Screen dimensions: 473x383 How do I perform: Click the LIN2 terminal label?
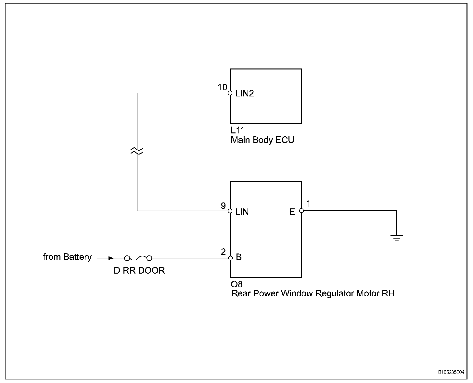[245, 93]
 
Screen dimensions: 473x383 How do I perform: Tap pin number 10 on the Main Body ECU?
[222, 87]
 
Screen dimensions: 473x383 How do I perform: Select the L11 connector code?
[237, 130]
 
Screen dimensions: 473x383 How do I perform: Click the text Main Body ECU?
[262, 140]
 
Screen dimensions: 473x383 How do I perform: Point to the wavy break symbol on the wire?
[137, 151]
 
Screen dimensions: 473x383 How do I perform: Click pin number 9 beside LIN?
[223, 206]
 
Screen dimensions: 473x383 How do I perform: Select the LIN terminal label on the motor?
[242, 212]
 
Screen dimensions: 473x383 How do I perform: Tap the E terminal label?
[292, 212]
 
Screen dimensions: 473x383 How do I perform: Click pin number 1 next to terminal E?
[308, 204]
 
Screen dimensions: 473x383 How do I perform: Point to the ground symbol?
[397, 238]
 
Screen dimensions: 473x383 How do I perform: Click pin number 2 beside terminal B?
[223, 252]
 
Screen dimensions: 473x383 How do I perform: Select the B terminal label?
[239, 257]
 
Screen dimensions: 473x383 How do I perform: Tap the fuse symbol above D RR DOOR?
[138, 258]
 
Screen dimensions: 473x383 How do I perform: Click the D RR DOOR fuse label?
[139, 270]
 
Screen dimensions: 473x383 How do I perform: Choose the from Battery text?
[67, 257]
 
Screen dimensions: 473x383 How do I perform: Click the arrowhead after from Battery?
[111, 258]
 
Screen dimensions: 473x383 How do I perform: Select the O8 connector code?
[237, 284]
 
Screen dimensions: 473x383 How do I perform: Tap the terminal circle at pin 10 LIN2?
[230, 93]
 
